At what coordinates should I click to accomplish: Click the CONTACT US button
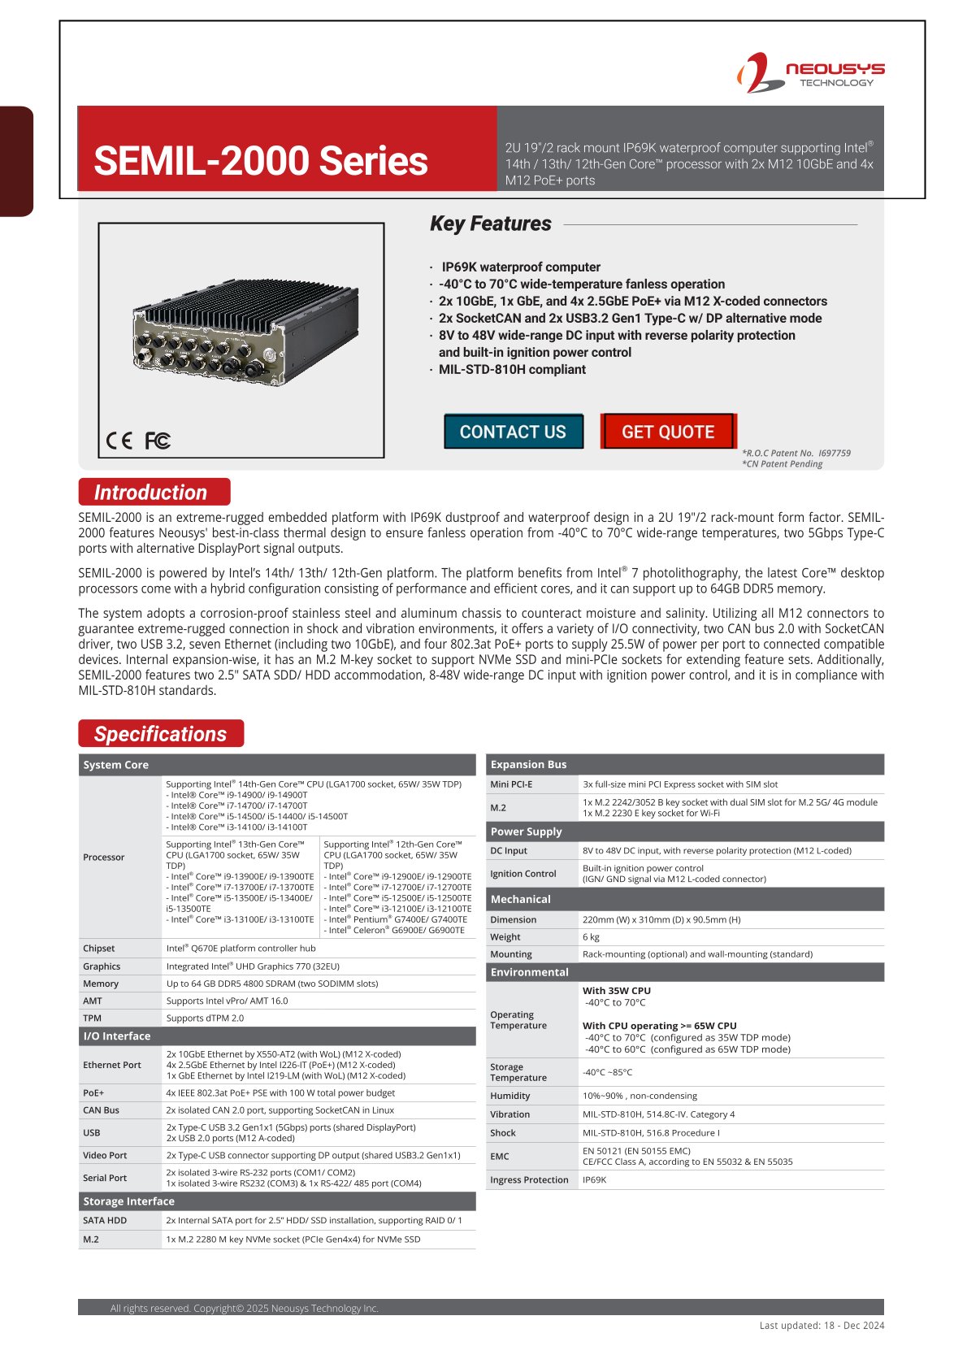pyautogui.click(x=513, y=432)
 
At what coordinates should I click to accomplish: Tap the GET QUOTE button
pyautogui.click(x=668, y=432)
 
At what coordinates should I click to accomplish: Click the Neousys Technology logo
pyautogui.click(x=810, y=72)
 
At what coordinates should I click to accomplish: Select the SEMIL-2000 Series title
pyautogui.click(x=261, y=161)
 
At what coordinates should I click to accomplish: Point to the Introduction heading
pyautogui.click(x=151, y=493)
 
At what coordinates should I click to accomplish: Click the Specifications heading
pyautogui.click(x=161, y=734)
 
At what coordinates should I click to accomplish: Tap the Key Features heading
pyautogui.click(x=491, y=224)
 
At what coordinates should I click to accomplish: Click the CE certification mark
pyautogui.click(x=119, y=441)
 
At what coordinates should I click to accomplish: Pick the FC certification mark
pyautogui.click(x=158, y=441)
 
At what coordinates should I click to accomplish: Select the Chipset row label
pyautogui.click(x=99, y=949)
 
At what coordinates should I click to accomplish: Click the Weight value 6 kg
pyautogui.click(x=591, y=937)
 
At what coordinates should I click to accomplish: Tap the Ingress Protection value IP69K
pyautogui.click(x=595, y=1180)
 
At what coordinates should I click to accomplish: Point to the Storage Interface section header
pyautogui.click(x=129, y=1201)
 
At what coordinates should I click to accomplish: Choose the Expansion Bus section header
pyautogui.click(x=529, y=765)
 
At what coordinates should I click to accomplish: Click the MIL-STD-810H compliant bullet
pyautogui.click(x=512, y=370)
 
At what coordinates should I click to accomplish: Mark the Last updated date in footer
pyautogui.click(x=822, y=1326)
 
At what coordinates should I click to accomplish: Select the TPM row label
pyautogui.click(x=93, y=1018)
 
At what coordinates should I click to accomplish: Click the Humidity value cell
pyautogui.click(x=640, y=1097)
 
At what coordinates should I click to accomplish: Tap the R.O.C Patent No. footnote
pyautogui.click(x=796, y=454)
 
